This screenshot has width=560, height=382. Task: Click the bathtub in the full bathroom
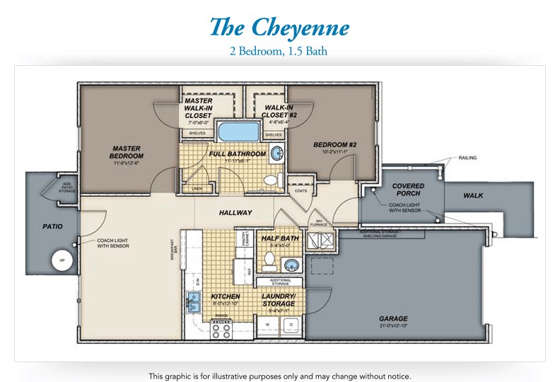(238, 132)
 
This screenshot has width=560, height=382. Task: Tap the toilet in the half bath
(269, 262)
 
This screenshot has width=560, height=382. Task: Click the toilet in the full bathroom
(270, 180)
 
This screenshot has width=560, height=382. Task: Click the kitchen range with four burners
(221, 329)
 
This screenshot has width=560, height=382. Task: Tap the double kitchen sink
(193, 303)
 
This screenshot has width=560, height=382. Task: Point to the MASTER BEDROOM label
(127, 152)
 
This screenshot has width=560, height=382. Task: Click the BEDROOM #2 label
(334, 145)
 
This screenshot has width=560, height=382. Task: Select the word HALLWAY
(235, 212)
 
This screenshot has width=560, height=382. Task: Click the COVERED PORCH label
(408, 190)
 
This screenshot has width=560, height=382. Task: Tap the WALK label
(473, 195)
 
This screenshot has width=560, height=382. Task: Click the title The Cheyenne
(279, 27)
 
